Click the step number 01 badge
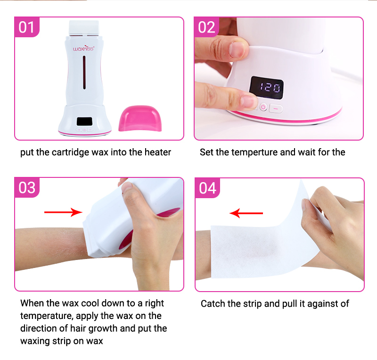coord(27,28)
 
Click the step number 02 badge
coord(206,28)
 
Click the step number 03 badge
coord(27,188)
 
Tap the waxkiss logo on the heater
coord(84,48)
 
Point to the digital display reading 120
coord(266,87)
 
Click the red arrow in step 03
coord(63,212)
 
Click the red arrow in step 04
coord(246,214)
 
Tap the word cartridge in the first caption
coord(69,152)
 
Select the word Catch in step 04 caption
coord(213,303)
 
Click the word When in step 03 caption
coord(32,303)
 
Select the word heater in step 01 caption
coord(158,152)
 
